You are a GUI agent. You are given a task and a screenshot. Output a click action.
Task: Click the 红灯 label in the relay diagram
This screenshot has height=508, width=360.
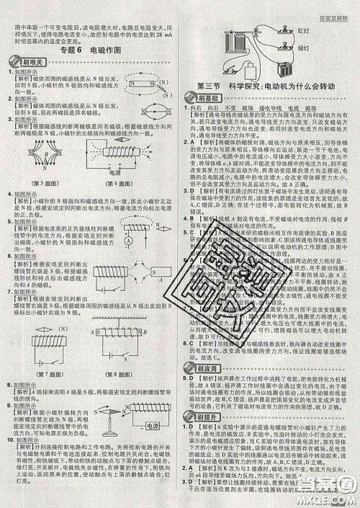[302, 32]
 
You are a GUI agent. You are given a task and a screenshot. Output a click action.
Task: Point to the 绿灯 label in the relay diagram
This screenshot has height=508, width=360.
[302, 48]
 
